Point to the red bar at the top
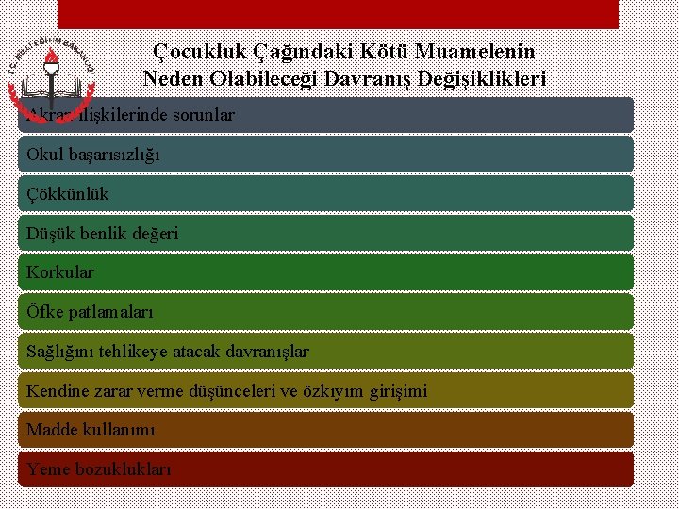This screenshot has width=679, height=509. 338,13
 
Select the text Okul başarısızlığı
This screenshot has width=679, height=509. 92,155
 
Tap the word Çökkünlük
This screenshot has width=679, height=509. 68,194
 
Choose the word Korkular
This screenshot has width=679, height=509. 60,272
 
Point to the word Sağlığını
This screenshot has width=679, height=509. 62,352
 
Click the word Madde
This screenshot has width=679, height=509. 50,429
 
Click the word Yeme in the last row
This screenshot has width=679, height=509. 47,468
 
